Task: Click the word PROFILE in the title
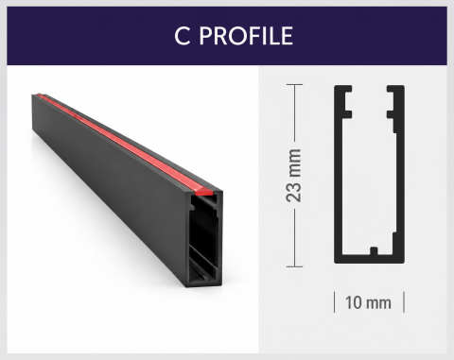[246, 36]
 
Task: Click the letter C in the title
[183, 36]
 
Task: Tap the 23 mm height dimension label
[294, 176]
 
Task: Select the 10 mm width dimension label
[368, 302]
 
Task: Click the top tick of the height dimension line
[294, 84]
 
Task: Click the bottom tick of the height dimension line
[294, 266]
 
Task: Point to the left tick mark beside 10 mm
[335, 302]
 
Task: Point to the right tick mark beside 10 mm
[404, 302]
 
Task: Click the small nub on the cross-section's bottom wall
[374, 250]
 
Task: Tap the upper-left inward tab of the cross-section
[347, 89]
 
